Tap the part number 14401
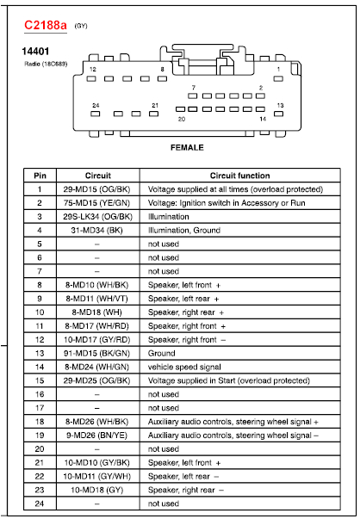pyautogui.click(x=34, y=52)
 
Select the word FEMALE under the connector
pyautogui.click(x=186, y=148)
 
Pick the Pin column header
pyautogui.click(x=40, y=176)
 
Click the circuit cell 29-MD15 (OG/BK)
pyautogui.click(x=97, y=188)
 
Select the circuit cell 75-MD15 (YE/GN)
pyautogui.click(x=97, y=202)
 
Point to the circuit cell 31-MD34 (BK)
pyautogui.click(x=97, y=230)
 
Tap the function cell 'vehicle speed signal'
pyautogui.click(x=184, y=366)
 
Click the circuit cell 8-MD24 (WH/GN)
pyautogui.click(x=97, y=366)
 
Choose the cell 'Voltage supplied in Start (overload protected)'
pyautogui.click(x=228, y=380)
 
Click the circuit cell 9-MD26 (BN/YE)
pyautogui.click(x=97, y=435)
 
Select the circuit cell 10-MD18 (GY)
pyautogui.click(x=97, y=489)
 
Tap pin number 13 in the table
pyautogui.click(x=40, y=352)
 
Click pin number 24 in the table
pyautogui.click(x=40, y=503)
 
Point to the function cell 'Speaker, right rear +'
pyautogui.click(x=186, y=312)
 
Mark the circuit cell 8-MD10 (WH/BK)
pyautogui.click(x=97, y=284)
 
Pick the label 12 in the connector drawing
pyautogui.click(x=93, y=68)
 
